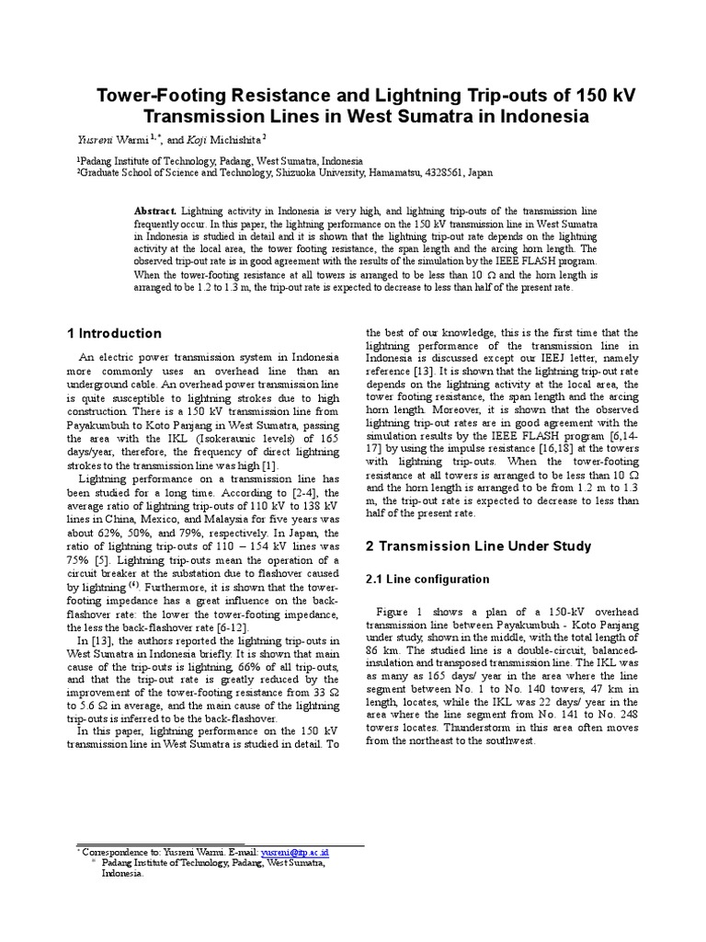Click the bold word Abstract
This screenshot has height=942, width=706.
click(x=155, y=211)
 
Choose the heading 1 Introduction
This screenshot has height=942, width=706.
click(x=115, y=333)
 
